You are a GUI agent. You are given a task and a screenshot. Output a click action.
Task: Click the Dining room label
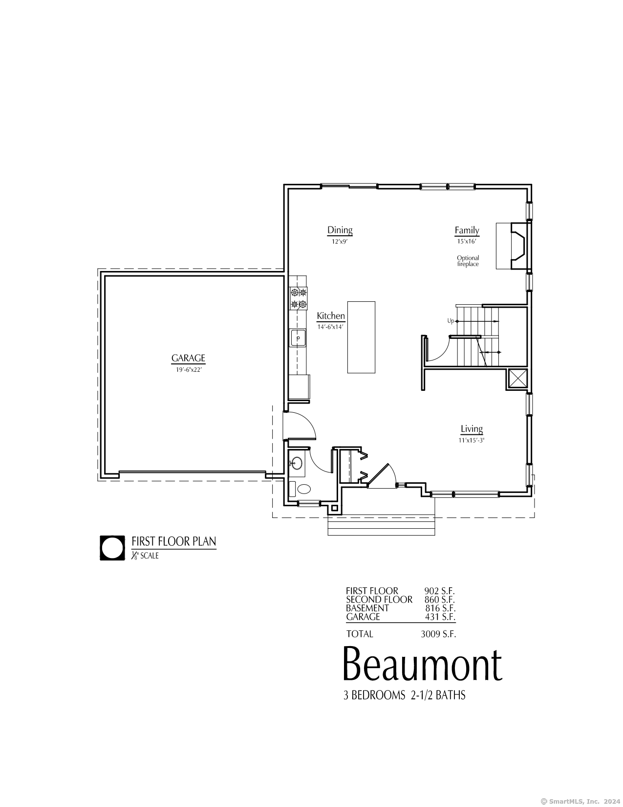point(340,230)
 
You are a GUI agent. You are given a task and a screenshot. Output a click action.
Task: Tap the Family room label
point(467,230)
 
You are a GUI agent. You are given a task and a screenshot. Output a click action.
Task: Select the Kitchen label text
point(331,316)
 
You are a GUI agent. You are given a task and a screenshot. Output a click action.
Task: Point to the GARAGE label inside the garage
point(188,358)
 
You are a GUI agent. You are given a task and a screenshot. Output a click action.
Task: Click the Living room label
point(472,429)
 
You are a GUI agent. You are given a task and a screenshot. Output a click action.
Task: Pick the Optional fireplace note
point(468,261)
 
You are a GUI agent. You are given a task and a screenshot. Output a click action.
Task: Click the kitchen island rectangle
point(361,337)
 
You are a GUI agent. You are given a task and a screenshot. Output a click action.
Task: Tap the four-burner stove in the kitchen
point(299,298)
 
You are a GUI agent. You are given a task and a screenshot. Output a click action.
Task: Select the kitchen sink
point(298,338)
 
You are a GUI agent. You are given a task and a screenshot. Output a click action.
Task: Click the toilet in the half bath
point(304,489)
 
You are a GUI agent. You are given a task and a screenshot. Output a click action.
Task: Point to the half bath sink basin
point(297,464)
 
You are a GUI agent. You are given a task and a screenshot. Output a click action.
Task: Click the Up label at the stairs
point(451,321)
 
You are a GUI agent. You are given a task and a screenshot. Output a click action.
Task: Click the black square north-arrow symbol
point(112,548)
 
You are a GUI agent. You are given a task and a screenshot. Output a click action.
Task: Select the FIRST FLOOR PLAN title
point(173,541)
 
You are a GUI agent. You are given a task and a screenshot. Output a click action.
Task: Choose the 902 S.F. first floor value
point(439,591)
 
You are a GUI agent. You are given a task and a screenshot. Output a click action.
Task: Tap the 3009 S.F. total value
point(438,634)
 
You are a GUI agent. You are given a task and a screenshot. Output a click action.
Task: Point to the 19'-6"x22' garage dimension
point(189,370)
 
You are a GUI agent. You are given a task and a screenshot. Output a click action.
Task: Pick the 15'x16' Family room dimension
point(467,242)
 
